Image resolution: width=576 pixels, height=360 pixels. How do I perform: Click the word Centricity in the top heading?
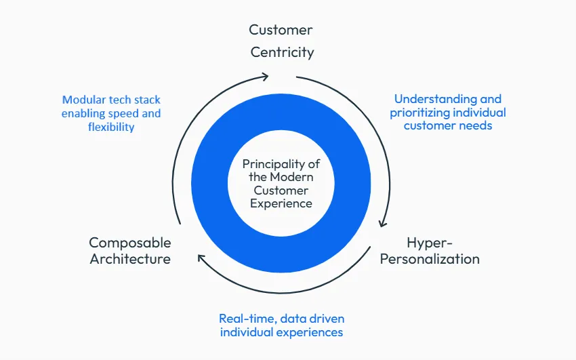point(282,52)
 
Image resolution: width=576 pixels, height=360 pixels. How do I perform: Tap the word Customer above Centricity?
point(281,30)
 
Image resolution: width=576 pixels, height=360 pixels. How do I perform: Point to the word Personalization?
point(430,259)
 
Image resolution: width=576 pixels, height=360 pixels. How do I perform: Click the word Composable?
point(130,243)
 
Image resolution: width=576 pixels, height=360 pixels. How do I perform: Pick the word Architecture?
point(130,259)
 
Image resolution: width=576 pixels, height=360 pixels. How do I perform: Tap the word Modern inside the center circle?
point(291,177)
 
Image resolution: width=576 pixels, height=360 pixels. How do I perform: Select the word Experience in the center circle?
point(281,203)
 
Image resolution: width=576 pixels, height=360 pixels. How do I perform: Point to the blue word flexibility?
point(111,127)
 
